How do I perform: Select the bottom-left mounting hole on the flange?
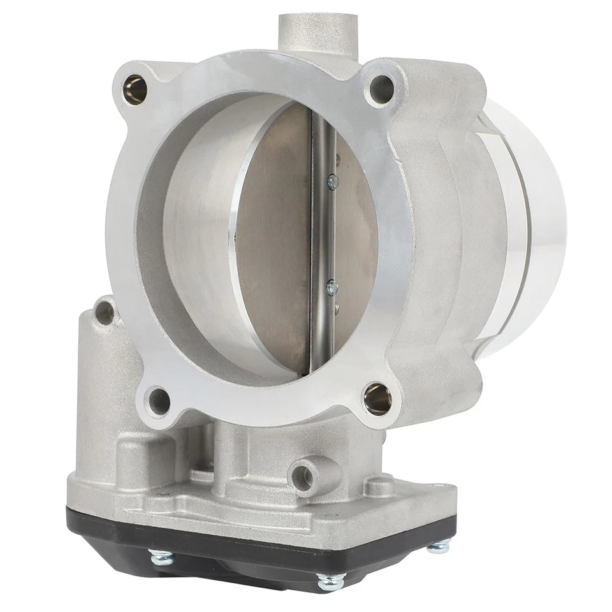157,402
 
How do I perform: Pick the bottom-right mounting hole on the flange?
377,399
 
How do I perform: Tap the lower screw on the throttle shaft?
331,288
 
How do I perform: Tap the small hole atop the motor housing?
104,312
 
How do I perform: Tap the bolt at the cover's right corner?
439,546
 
